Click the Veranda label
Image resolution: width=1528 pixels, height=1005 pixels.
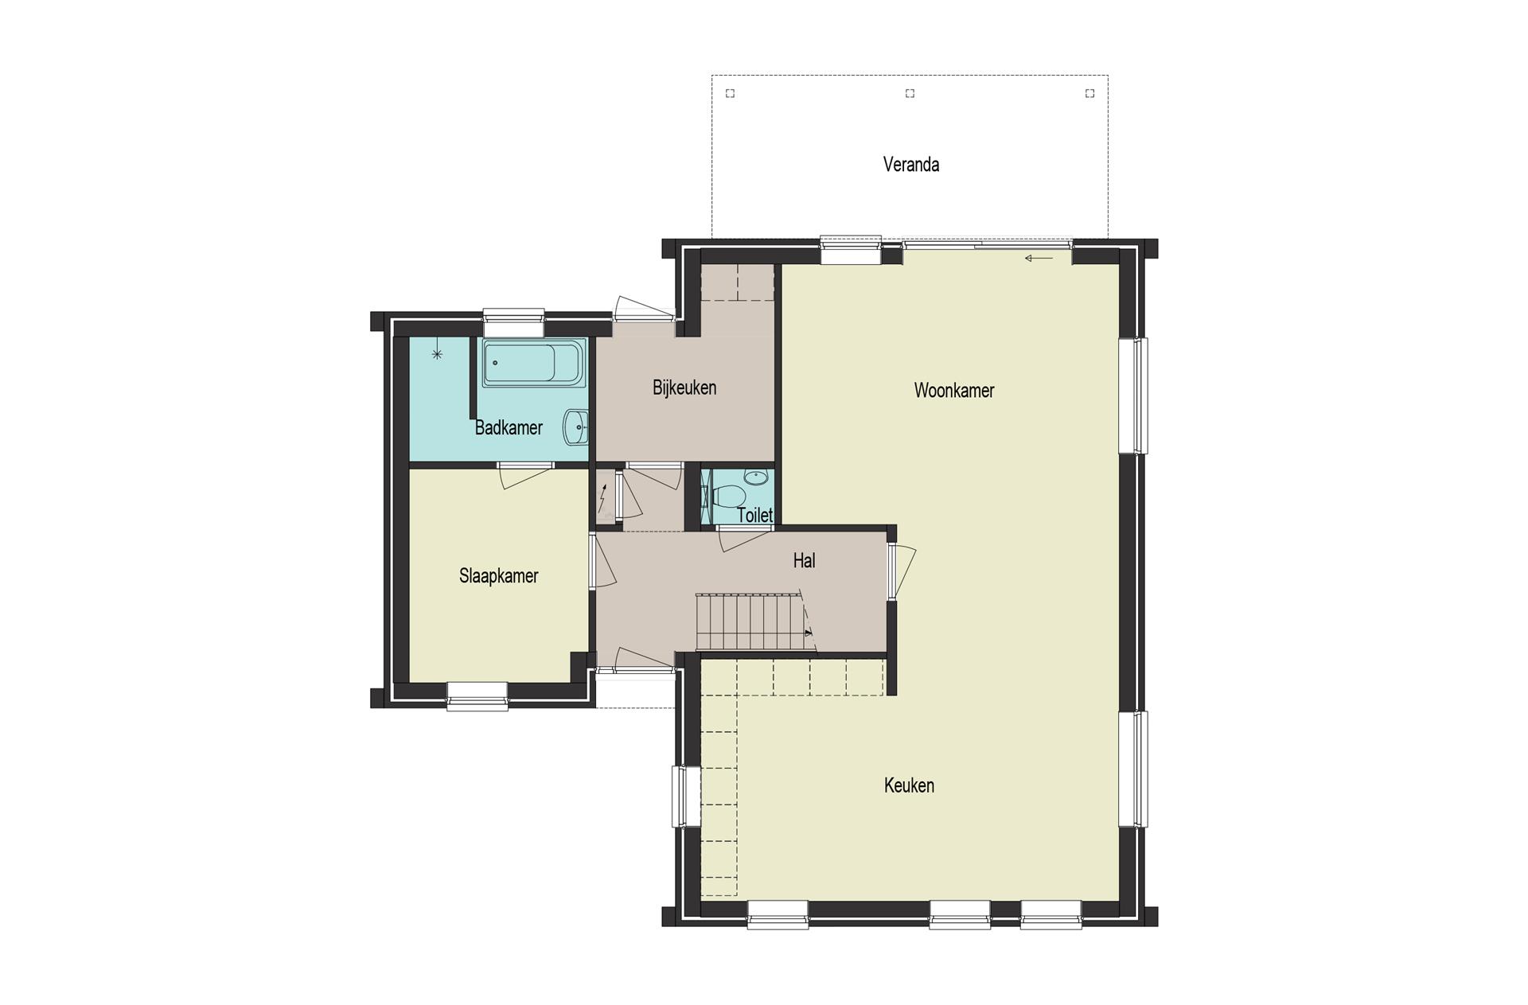click(910, 165)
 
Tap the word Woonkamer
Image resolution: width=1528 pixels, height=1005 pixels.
click(953, 391)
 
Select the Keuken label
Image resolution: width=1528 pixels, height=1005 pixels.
click(909, 785)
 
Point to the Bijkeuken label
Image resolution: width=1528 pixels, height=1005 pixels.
click(684, 388)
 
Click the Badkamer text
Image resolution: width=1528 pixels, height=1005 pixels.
click(509, 428)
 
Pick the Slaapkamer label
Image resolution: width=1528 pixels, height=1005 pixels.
click(499, 576)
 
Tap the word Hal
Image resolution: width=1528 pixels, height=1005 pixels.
click(804, 561)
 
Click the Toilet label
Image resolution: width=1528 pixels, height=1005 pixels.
click(754, 515)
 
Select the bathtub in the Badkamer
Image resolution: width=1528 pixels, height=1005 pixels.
click(534, 364)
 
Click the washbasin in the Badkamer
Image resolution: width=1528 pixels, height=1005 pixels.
click(575, 427)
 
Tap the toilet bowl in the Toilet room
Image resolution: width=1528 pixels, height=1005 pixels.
click(725, 497)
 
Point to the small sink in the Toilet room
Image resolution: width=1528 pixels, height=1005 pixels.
click(756, 477)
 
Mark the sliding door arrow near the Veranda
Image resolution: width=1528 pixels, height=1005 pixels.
click(1039, 258)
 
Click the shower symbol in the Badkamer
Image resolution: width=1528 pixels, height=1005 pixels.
click(436, 354)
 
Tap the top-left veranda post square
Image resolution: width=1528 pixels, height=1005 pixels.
click(730, 94)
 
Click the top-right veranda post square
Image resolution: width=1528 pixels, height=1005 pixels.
click(1089, 94)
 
